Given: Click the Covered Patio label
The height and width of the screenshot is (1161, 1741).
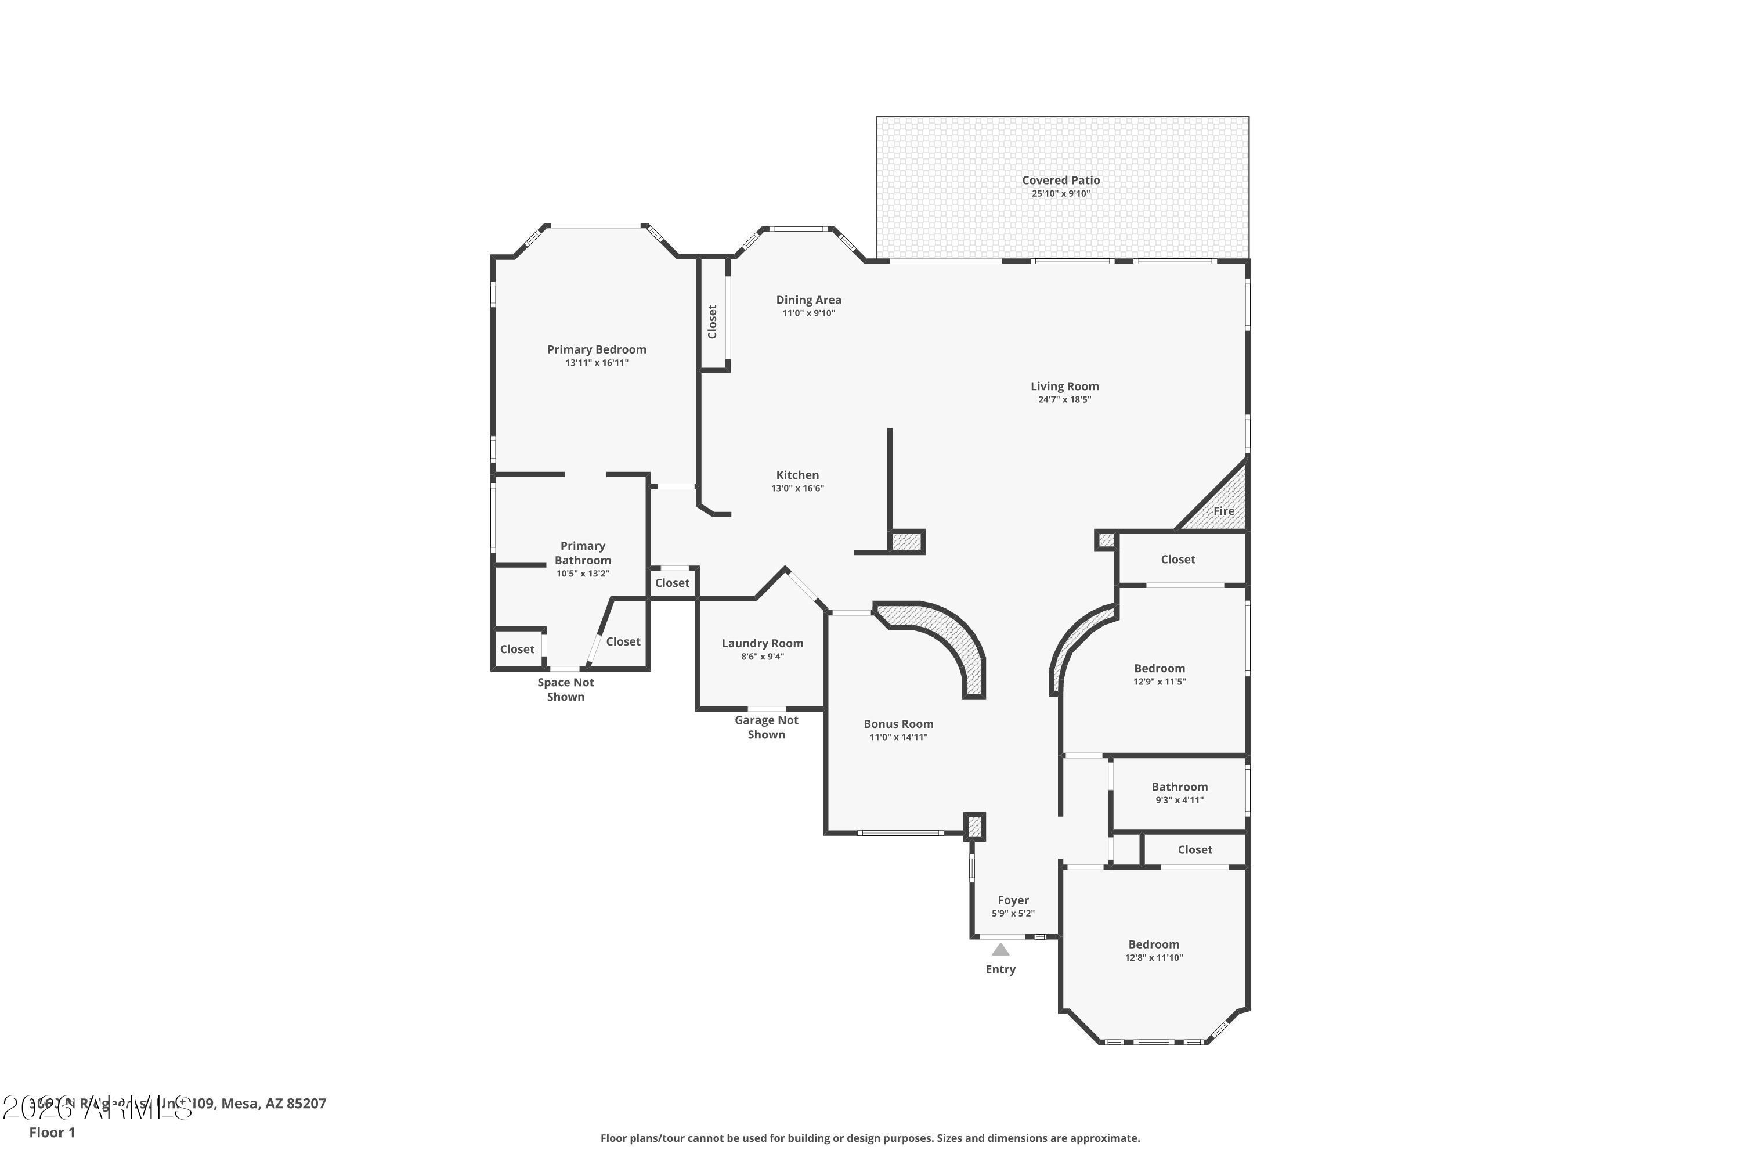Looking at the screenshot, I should tap(1061, 180).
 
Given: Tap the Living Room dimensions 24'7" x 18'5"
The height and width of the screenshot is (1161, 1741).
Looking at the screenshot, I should tap(1064, 400).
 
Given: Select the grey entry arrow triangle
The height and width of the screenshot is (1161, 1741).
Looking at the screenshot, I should tap(1000, 949).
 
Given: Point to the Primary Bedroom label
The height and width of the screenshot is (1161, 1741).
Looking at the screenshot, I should tap(597, 349).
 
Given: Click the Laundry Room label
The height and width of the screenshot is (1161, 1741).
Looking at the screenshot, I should tap(763, 643).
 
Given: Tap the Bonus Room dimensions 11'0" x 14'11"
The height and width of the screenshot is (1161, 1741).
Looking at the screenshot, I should tap(898, 737).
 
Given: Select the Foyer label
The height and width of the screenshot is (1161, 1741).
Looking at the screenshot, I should tap(1013, 900).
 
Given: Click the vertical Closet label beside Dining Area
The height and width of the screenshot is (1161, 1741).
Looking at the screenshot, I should tap(712, 322).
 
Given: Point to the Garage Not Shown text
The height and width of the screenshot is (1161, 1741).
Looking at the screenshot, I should tap(766, 727).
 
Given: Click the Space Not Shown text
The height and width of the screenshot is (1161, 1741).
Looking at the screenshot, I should tap(565, 690).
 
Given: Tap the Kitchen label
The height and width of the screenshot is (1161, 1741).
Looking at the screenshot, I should tap(797, 475).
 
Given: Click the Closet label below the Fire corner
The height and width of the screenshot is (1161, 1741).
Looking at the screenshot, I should tap(1177, 560).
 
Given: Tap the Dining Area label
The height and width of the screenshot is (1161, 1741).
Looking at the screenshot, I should tap(808, 300).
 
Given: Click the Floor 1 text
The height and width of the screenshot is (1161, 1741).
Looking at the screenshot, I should tap(52, 1132).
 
